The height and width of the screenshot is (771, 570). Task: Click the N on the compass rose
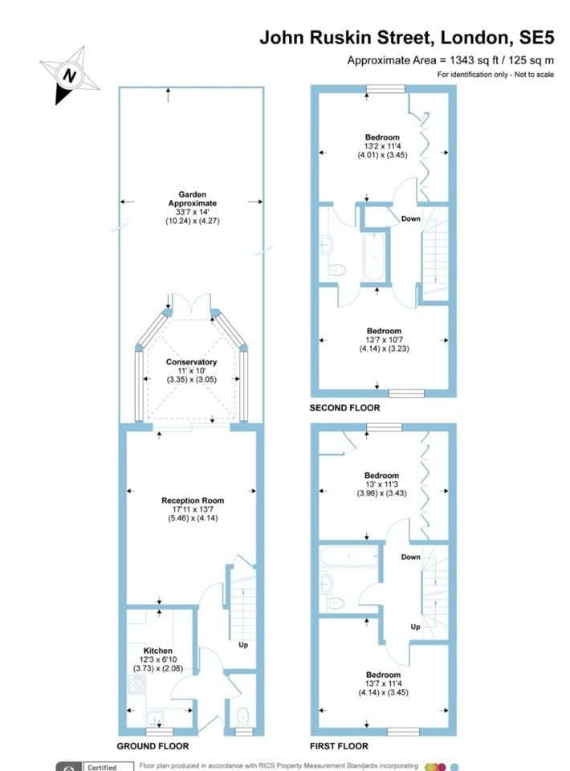pyautogui.click(x=70, y=75)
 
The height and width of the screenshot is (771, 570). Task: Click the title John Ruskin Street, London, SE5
pyautogui.click(x=407, y=38)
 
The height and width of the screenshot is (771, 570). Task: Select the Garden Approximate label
pyautogui.click(x=192, y=198)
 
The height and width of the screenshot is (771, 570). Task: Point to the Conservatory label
pyautogui.click(x=191, y=362)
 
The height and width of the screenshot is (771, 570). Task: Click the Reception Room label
pyautogui.click(x=193, y=500)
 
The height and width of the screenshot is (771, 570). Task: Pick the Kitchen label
pyautogui.click(x=157, y=651)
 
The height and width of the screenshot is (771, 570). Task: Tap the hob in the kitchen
pyautogui.click(x=136, y=684)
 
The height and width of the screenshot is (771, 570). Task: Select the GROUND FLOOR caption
pyautogui.click(x=153, y=746)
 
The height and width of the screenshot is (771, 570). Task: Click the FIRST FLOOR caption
pyautogui.click(x=339, y=746)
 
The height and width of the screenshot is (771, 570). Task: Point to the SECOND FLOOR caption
pyautogui.click(x=345, y=408)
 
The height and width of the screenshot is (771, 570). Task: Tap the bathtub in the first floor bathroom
pyautogui.click(x=348, y=556)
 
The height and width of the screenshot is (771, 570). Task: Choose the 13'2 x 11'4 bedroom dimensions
pyautogui.click(x=382, y=146)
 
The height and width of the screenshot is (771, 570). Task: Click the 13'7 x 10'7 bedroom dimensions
pyautogui.click(x=385, y=340)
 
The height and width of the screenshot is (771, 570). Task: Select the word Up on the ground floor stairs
pyautogui.click(x=243, y=645)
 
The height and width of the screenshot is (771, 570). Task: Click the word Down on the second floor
pyautogui.click(x=411, y=218)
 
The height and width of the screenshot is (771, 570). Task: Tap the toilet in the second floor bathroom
pyautogui.click(x=337, y=270)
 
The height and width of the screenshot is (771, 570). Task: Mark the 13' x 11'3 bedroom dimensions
pyautogui.click(x=382, y=484)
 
